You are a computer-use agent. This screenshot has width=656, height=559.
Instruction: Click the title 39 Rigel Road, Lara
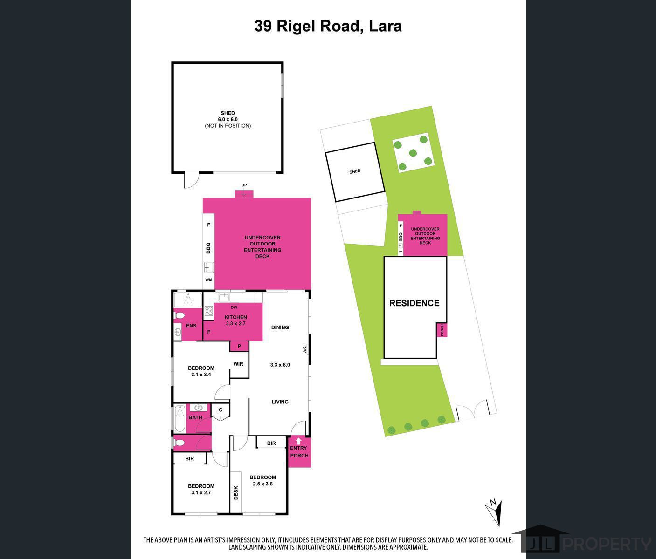pyautogui.click(x=328, y=26)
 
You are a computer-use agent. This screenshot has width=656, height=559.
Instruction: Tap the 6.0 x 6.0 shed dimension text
pyautogui.click(x=228, y=120)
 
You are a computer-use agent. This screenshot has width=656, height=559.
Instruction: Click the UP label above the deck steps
pyautogui.click(x=244, y=185)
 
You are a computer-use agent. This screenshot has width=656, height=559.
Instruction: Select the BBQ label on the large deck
pyautogui.click(x=208, y=248)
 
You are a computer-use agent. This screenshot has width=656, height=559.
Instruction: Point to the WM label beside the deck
pyautogui.click(x=208, y=280)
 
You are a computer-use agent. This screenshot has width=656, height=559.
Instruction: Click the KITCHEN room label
pyautogui.click(x=235, y=317)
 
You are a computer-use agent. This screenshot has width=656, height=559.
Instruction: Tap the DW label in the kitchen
pyautogui.click(x=234, y=307)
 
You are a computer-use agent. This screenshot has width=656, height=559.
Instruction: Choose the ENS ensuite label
pyautogui.click(x=191, y=326)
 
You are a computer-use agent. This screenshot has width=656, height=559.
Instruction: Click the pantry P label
pyautogui.click(x=239, y=346)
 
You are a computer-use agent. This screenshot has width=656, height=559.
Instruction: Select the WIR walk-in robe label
pyautogui.click(x=238, y=364)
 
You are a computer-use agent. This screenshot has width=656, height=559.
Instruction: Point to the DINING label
pyautogui.click(x=280, y=327)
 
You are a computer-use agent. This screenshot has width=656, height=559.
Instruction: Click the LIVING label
pyautogui.click(x=280, y=402)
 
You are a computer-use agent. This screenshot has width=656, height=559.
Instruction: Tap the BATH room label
pyautogui.click(x=195, y=417)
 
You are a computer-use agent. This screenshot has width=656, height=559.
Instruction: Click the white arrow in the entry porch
pyautogui.click(x=299, y=441)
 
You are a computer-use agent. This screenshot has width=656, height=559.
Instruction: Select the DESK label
pyautogui.click(x=236, y=493)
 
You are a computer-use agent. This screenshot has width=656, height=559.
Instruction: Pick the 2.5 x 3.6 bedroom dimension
pyautogui.click(x=263, y=484)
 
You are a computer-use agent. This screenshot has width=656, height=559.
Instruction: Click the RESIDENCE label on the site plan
pyautogui.click(x=414, y=303)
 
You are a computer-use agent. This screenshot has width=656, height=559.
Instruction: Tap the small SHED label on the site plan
pyautogui.click(x=355, y=171)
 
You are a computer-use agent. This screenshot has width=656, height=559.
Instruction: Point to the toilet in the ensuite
pyautogui.click(x=180, y=315)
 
